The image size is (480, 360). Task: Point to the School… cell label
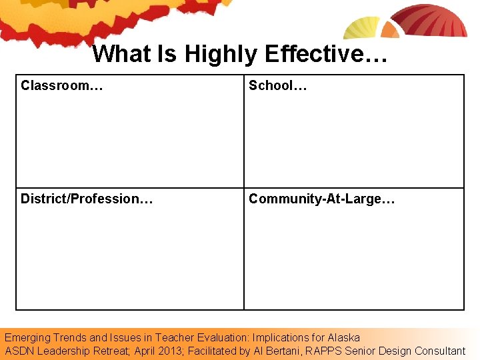278,85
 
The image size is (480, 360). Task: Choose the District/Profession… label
87,199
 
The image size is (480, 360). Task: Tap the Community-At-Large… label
322,199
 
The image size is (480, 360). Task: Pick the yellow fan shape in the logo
361,28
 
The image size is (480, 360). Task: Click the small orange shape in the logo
390,31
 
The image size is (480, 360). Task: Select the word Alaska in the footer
343,337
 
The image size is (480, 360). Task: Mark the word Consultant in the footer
440,351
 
